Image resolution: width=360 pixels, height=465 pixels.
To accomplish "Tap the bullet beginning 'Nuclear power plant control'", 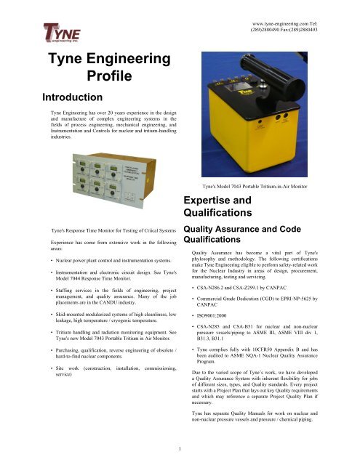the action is (100, 259).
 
